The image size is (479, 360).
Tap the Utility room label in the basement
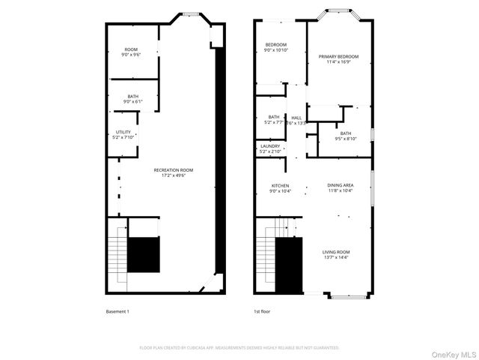(123, 134)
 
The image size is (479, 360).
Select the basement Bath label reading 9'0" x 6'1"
(132, 98)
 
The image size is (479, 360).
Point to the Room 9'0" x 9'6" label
(131, 52)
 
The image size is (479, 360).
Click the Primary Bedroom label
(338, 59)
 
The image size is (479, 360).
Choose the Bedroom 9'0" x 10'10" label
(275, 48)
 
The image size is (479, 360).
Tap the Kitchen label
(280, 188)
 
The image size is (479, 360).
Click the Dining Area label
(340, 187)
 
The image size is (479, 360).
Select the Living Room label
(335, 254)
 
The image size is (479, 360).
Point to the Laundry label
(270, 148)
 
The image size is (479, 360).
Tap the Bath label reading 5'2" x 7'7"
(274, 119)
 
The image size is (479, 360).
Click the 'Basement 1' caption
(118, 310)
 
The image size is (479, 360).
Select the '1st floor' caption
(262, 310)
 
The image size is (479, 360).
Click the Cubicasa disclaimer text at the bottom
(239, 348)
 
